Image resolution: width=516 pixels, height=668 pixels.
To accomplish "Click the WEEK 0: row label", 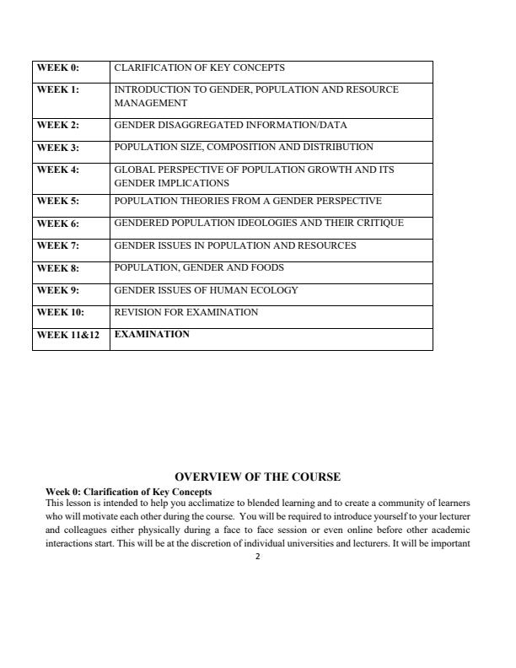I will (x=57, y=68).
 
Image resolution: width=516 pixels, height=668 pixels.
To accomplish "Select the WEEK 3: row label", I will (x=57, y=148).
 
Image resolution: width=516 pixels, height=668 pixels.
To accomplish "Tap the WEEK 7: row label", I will (x=57, y=246).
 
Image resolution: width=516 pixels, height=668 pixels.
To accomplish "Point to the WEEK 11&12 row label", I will (x=67, y=335).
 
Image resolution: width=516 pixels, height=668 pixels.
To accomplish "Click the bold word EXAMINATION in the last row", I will (x=152, y=334).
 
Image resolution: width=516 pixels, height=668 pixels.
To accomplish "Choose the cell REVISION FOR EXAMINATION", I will (x=185, y=312).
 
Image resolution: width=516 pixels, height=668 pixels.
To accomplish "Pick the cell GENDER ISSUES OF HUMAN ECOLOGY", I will (x=206, y=290).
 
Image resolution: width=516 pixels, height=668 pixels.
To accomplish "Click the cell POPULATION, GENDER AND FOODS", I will (x=199, y=267).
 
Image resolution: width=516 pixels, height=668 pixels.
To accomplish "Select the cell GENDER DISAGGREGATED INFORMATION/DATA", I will (x=224, y=125).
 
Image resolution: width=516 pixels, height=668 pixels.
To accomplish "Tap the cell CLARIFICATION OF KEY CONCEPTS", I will (x=199, y=67).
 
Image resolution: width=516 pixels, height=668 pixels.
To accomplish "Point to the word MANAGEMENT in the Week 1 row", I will (x=150, y=103).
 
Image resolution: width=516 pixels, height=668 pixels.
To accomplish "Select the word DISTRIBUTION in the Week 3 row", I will (x=335, y=147).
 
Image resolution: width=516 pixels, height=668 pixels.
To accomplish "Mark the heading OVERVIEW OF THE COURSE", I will (x=257, y=477).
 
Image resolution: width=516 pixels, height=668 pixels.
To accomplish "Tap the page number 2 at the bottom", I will (x=257, y=557).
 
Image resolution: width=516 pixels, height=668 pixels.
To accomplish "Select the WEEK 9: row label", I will (x=57, y=291).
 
